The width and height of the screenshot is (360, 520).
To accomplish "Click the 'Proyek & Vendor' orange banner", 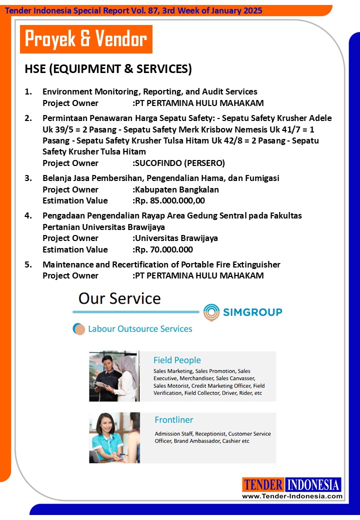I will pyautogui.click(x=86, y=39).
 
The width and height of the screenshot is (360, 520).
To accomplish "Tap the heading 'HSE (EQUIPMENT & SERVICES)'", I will pyautogui.click(x=108, y=69).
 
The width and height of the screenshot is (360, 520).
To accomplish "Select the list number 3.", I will pyautogui.click(x=28, y=178).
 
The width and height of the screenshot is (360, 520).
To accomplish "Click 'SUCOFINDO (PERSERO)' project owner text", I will pyautogui.click(x=179, y=163).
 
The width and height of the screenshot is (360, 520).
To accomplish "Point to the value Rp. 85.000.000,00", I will pyautogui.click(x=169, y=200).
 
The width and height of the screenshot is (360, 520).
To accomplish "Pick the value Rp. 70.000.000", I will pyautogui.click(x=163, y=249).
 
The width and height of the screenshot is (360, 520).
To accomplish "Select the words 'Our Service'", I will pyautogui.click(x=119, y=298).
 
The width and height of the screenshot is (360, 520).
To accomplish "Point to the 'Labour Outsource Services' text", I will pyautogui.click(x=140, y=329).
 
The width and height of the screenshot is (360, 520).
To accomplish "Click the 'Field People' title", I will pyautogui.click(x=177, y=360).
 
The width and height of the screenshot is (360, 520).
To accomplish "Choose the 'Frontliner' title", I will pyautogui.click(x=173, y=420).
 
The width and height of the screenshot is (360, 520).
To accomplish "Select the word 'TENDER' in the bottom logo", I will pyautogui.click(x=263, y=485).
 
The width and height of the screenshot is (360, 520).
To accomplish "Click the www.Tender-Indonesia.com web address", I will pyautogui.click(x=292, y=496).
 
